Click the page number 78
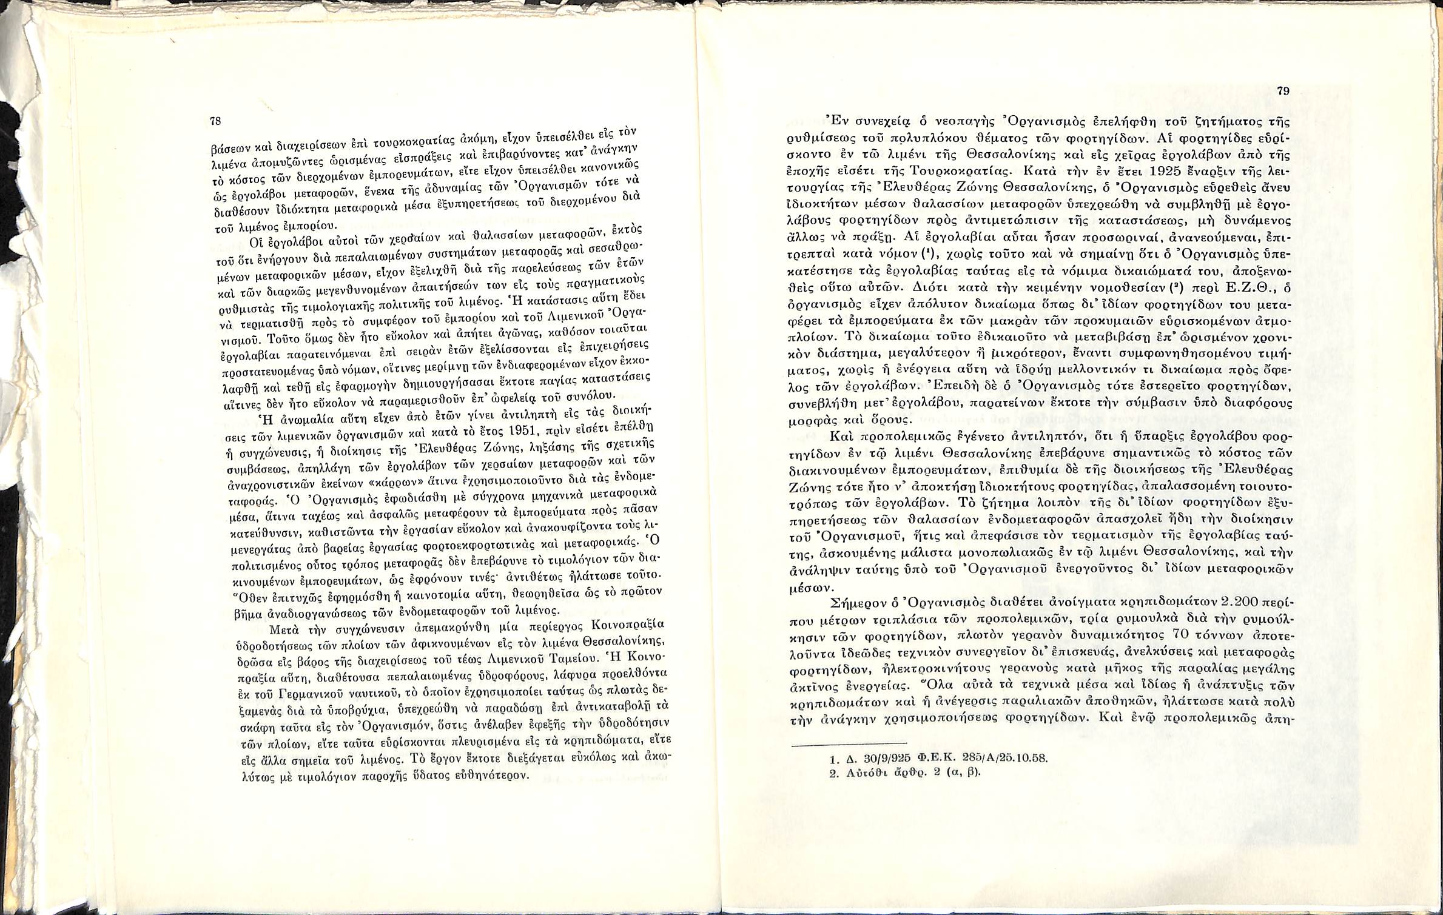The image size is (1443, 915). (x=215, y=121)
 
